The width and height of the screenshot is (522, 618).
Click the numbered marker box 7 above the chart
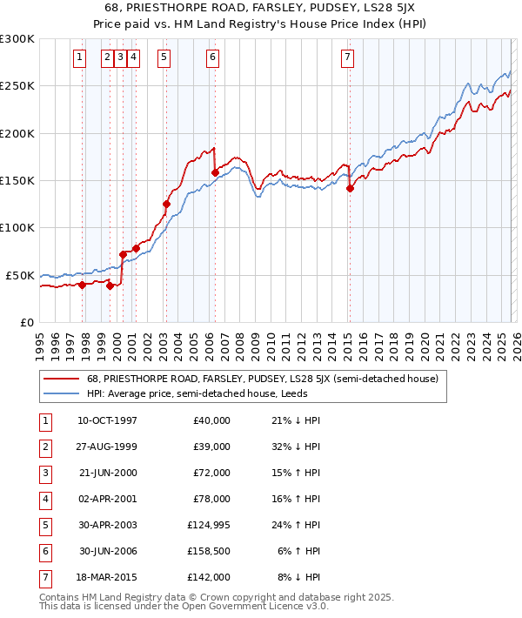tap(347, 58)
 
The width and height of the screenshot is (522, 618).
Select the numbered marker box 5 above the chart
tap(164, 58)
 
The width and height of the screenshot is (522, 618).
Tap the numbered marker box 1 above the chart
tap(79, 58)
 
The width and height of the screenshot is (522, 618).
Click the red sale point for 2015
tap(350, 188)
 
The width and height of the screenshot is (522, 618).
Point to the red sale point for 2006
tap(215, 172)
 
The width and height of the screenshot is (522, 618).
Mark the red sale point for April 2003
tap(166, 204)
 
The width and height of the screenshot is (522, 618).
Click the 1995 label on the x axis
tap(39, 344)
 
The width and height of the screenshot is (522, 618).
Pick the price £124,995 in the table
tap(208, 525)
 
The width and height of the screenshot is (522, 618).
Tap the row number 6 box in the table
tap(43, 551)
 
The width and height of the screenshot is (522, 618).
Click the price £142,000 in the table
tap(210, 577)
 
